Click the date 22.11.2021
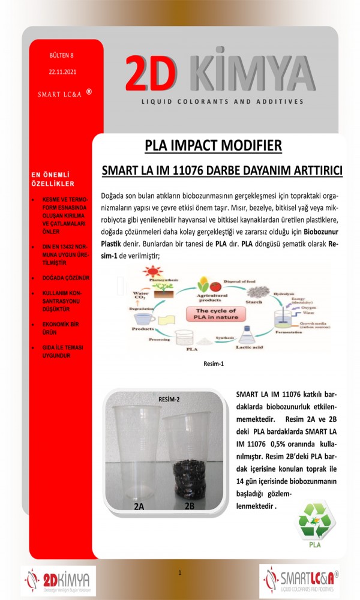(x=62, y=71)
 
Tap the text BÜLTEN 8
(x=62, y=55)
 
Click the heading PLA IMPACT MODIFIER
(x=213, y=145)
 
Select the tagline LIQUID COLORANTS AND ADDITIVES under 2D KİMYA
(x=222, y=102)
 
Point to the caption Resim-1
(x=213, y=363)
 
